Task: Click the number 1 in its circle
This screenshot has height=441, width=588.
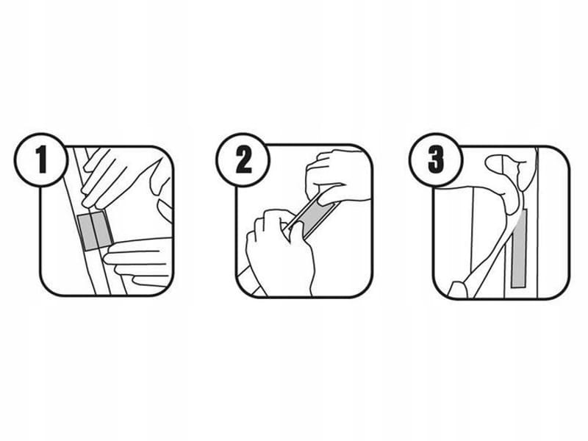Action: point(41,159)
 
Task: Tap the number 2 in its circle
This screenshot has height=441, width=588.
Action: point(244,159)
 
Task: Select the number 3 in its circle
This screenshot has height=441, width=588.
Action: point(437,159)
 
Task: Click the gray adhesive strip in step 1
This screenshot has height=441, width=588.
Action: point(95,230)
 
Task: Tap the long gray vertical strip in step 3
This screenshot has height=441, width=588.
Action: point(519,249)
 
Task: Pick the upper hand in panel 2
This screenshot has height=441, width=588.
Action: point(336,176)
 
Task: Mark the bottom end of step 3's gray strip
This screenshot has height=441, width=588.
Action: point(518,287)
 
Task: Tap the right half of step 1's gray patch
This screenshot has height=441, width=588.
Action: point(103,228)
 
